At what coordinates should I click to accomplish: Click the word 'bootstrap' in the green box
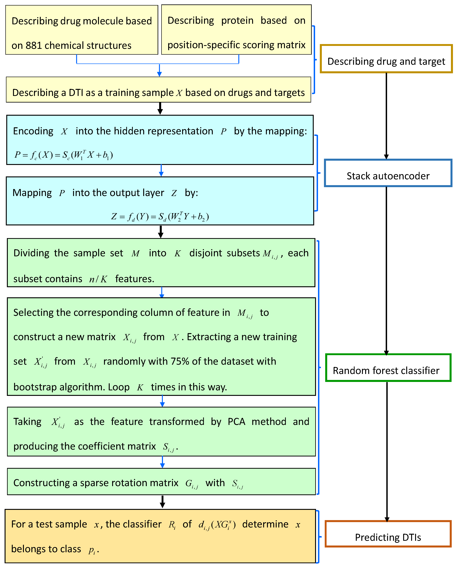pos(35,387)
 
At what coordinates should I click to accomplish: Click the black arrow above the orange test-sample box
pos(163,502)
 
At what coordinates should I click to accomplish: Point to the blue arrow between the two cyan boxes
pos(161,170)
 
